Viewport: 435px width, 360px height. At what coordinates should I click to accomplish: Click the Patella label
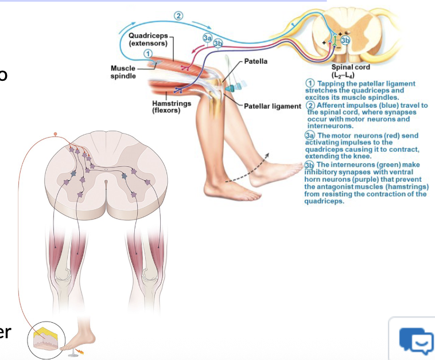click(x=255, y=61)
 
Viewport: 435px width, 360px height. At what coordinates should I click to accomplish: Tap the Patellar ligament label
click(x=273, y=106)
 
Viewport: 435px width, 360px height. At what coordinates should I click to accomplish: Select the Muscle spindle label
click(x=123, y=72)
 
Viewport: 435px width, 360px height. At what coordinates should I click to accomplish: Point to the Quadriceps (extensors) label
click(x=148, y=40)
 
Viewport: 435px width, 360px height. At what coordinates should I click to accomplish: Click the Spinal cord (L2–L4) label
click(x=347, y=71)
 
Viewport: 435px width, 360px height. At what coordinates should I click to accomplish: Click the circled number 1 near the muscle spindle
click(x=148, y=53)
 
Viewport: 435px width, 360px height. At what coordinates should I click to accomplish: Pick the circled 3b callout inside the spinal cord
click(x=344, y=40)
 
